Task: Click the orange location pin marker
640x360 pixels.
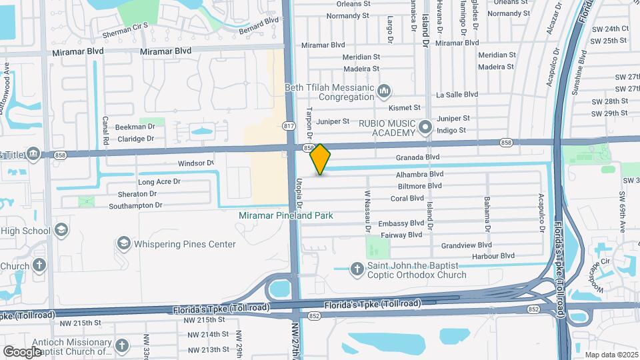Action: tap(321, 159)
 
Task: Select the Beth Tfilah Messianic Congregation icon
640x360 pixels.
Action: tap(383, 90)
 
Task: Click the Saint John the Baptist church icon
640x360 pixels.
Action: tap(357, 269)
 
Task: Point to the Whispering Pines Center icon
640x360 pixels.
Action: tap(123, 244)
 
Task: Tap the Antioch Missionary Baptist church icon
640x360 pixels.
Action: tap(121, 345)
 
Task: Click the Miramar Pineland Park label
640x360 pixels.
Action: tap(286, 216)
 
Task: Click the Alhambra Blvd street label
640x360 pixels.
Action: tap(420, 174)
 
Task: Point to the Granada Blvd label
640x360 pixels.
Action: tap(418, 157)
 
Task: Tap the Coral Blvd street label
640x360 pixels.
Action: tap(407, 198)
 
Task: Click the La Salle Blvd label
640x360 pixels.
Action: tap(457, 95)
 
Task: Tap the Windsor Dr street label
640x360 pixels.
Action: tap(195, 163)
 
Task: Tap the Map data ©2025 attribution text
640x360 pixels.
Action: tap(611, 355)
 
